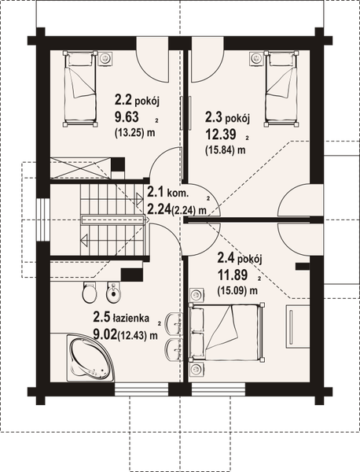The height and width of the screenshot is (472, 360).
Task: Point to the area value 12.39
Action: tap(219, 135)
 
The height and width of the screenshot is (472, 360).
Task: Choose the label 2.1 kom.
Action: tap(167, 191)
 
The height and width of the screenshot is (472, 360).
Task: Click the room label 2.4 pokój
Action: tap(237, 260)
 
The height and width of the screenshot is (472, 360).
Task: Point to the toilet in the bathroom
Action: tap(88, 295)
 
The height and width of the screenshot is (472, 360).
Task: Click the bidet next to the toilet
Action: tap(113, 295)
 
